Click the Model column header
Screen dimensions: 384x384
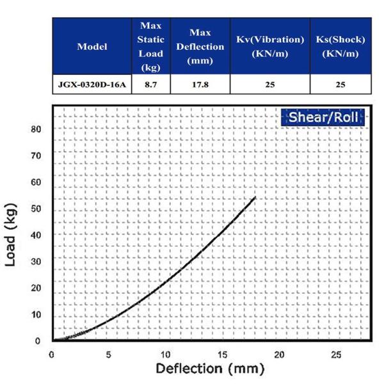point(92,46)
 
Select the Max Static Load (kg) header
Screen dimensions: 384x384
point(151,46)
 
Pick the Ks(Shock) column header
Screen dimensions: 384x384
point(340,46)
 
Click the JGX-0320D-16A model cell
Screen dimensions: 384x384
point(92,84)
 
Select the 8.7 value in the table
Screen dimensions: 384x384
point(151,84)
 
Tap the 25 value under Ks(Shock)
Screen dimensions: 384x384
point(340,84)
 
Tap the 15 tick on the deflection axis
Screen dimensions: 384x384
point(223,353)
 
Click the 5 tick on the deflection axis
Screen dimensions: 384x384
point(109,353)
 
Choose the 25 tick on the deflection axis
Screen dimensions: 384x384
point(337,353)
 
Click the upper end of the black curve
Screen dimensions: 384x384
point(255,197)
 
